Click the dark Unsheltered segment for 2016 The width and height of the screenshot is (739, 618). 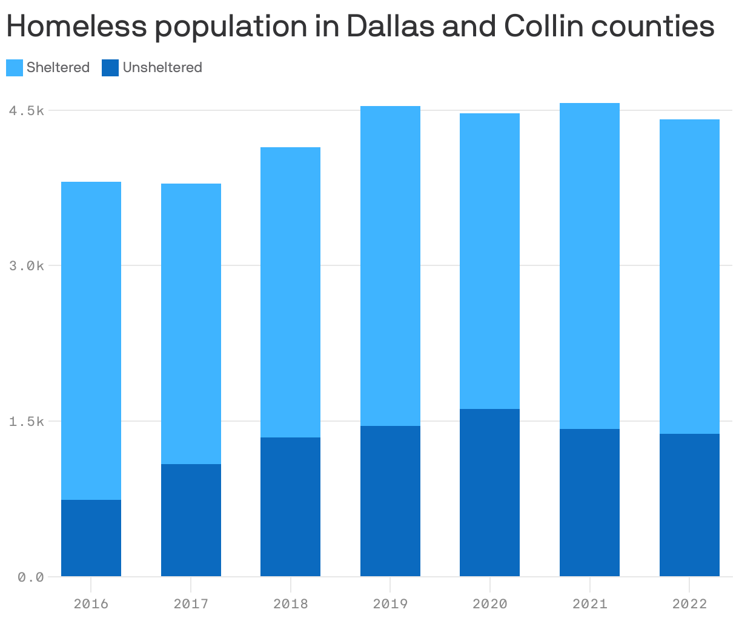click(91, 538)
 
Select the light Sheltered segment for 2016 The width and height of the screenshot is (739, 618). click(91, 341)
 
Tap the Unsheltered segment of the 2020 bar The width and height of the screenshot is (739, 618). click(489, 493)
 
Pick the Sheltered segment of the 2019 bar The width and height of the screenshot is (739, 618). click(390, 266)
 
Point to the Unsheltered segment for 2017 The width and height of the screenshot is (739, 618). click(191, 520)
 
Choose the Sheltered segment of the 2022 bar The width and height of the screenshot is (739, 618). click(689, 276)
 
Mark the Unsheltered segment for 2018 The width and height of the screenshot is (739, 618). click(290, 507)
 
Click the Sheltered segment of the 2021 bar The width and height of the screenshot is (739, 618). click(589, 266)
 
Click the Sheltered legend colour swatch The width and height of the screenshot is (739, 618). click(15, 68)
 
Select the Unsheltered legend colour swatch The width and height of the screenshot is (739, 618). click(110, 68)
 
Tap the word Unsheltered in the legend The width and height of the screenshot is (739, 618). click(162, 68)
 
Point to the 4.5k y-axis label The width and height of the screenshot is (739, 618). click(27, 111)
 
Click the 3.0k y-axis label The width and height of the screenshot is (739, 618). click(27, 266)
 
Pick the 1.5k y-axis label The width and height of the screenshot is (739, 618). click(27, 421)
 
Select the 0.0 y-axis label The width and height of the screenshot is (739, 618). click(31, 577)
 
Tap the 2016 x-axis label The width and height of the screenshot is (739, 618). click(91, 604)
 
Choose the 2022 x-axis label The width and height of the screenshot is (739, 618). click(689, 604)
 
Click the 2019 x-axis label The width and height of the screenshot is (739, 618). click(390, 604)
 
